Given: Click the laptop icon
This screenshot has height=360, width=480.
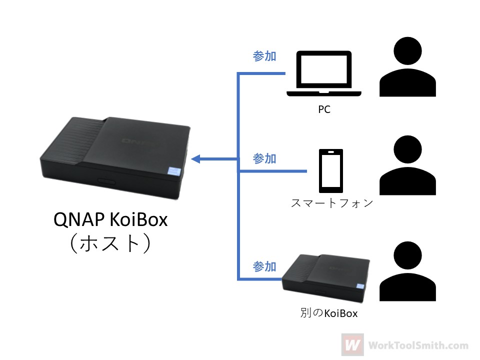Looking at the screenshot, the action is click(x=324, y=74).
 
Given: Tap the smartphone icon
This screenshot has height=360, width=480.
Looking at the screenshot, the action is click(x=331, y=171).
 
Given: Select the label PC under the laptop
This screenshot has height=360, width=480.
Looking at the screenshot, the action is click(x=324, y=109).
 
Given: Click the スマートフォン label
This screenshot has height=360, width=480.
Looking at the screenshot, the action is click(x=332, y=203).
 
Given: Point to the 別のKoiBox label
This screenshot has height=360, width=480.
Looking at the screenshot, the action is click(x=329, y=313).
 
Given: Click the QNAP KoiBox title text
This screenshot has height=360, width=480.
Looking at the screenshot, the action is click(x=110, y=219).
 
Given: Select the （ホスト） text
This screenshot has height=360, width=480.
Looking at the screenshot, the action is click(x=110, y=243).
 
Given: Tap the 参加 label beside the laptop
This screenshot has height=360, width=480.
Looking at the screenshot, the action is click(x=264, y=56).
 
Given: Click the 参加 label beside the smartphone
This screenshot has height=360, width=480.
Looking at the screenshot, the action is click(x=264, y=158).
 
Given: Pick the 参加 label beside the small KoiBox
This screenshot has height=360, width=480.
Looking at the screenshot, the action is click(x=264, y=266).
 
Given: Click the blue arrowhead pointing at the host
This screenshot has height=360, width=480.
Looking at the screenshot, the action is click(x=195, y=159).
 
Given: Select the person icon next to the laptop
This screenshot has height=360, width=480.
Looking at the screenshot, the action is click(x=407, y=66).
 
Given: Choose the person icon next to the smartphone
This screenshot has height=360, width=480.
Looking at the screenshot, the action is click(x=407, y=165).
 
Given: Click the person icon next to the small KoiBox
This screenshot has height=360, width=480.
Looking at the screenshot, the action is click(x=407, y=271).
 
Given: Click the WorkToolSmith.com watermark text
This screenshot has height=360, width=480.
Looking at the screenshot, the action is click(x=418, y=345).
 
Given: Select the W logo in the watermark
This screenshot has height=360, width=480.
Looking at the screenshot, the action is click(x=352, y=344).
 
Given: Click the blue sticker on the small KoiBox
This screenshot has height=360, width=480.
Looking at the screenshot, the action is click(x=360, y=286).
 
